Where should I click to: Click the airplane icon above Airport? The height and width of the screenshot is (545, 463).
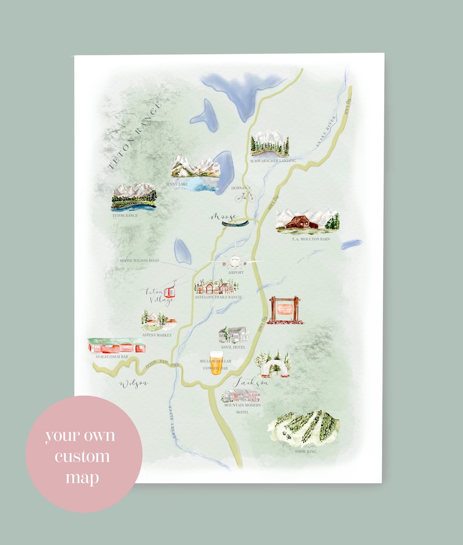pos(234,262)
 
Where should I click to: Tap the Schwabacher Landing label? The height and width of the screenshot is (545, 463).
pos(272,160)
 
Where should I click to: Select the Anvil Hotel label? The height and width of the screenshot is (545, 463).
pos(233,347)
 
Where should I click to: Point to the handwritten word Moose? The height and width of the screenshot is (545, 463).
pos(223,217)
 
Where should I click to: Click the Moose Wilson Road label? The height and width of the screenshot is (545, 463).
pos(139,261)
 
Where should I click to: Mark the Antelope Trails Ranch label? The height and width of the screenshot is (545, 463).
pos(218,297)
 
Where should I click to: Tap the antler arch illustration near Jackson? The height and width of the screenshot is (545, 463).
pos(272,365)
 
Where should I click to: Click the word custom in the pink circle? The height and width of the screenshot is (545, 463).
pos(82,456)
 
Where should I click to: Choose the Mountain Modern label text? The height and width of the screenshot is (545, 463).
pos(241,405)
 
